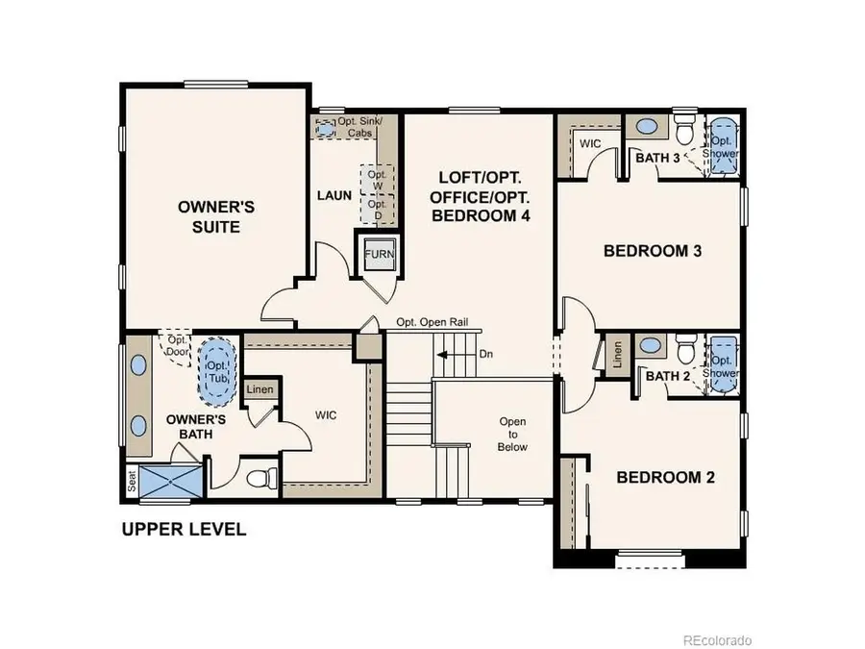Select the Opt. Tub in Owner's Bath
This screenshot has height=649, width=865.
(x=217, y=367)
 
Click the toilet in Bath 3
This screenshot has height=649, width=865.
(x=684, y=130)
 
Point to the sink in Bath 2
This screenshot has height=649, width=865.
(x=650, y=345)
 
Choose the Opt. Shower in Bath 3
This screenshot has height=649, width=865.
(x=722, y=146)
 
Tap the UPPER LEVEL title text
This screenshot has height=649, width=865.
(x=183, y=529)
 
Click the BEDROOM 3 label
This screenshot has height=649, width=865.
(x=652, y=252)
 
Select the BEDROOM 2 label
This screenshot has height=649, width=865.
(x=664, y=478)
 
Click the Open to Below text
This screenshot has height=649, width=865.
(x=512, y=435)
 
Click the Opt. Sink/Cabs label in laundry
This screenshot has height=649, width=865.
(x=358, y=127)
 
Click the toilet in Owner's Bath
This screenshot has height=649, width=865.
(x=260, y=477)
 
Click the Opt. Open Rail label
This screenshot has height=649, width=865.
(x=432, y=323)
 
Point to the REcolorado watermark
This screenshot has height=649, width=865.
(x=718, y=639)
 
